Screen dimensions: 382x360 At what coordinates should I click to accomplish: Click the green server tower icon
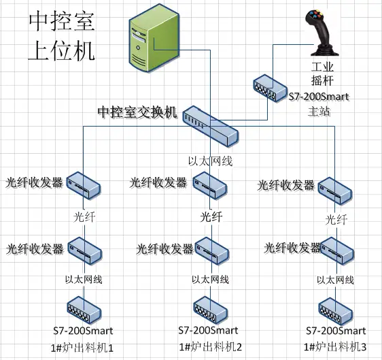click(x=154, y=38)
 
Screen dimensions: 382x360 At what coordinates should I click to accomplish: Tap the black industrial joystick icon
click(x=322, y=33)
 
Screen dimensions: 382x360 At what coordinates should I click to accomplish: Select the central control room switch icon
click(x=211, y=126)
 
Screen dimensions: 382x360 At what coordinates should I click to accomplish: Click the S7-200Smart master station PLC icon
click(x=270, y=88)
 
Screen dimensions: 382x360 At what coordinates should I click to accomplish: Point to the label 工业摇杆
click(x=322, y=74)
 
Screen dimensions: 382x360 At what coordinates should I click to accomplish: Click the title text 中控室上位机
click(x=62, y=35)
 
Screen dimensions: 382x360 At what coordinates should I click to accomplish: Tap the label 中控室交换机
click(x=138, y=112)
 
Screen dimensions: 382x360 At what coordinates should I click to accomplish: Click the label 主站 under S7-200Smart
click(x=319, y=112)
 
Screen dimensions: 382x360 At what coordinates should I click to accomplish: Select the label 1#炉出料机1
click(x=82, y=348)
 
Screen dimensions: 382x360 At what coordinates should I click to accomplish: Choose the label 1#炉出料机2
click(x=211, y=346)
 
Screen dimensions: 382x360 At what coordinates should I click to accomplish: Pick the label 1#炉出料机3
click(x=335, y=346)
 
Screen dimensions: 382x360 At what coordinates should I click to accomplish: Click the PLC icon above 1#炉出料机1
click(x=84, y=310)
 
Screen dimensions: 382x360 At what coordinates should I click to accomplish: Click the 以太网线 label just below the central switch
click(x=211, y=161)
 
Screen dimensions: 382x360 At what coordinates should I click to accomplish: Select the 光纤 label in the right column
click(x=336, y=220)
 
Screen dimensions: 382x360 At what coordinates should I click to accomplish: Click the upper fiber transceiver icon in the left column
click(x=84, y=185)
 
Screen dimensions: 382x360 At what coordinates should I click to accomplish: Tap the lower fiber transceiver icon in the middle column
click(x=211, y=251)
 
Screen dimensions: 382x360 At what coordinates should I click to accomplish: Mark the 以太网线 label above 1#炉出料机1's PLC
click(x=84, y=279)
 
